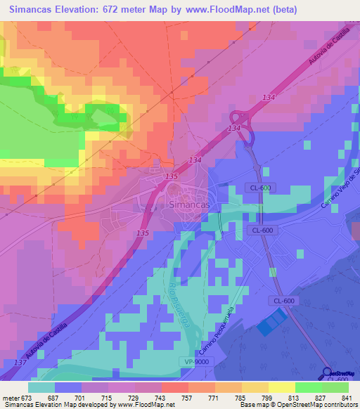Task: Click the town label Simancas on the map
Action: click(188, 203)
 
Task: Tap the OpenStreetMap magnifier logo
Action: click(328, 375)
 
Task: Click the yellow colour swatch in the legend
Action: click(281, 387)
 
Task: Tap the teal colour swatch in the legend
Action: click(41, 387)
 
